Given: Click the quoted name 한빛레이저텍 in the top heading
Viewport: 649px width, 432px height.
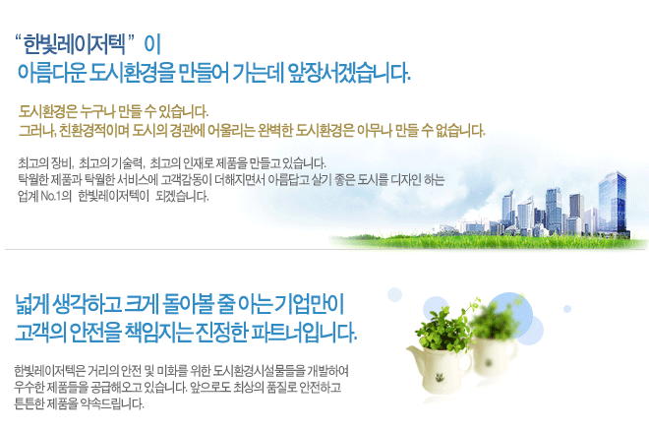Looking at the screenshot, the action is click(74, 44).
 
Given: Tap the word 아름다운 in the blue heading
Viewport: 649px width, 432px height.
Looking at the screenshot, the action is click(52, 73).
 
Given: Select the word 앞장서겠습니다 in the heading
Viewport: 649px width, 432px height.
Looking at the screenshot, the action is click(348, 73).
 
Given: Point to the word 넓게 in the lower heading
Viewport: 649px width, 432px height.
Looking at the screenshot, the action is click(31, 304).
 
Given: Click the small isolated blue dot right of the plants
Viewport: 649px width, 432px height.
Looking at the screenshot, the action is click(567, 309).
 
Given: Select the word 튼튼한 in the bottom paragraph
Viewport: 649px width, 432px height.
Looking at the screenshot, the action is click(29, 403).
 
